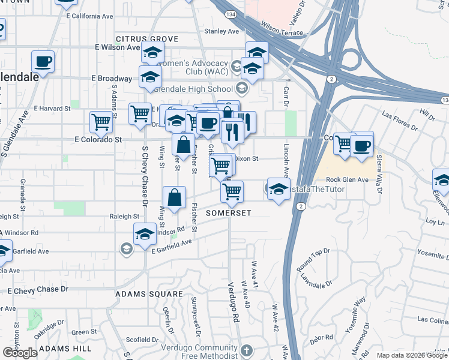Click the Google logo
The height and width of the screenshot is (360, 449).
[x=20, y=353]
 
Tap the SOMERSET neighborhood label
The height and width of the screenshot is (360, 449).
[x=228, y=213]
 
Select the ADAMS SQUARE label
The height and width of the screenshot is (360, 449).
[x=149, y=294]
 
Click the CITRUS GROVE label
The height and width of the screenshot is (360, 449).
[x=147, y=39]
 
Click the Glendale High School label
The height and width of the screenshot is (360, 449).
[x=193, y=89]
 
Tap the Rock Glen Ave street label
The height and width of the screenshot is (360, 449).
[x=347, y=180]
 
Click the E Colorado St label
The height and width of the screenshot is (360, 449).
[x=98, y=139]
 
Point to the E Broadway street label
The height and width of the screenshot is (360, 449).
[x=112, y=79]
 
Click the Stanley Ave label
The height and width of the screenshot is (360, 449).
[x=221, y=31]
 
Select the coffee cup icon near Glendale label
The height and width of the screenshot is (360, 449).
[x=43, y=61]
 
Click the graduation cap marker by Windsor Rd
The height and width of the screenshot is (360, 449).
[x=145, y=235]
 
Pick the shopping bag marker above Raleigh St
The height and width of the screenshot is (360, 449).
[x=174, y=197]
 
